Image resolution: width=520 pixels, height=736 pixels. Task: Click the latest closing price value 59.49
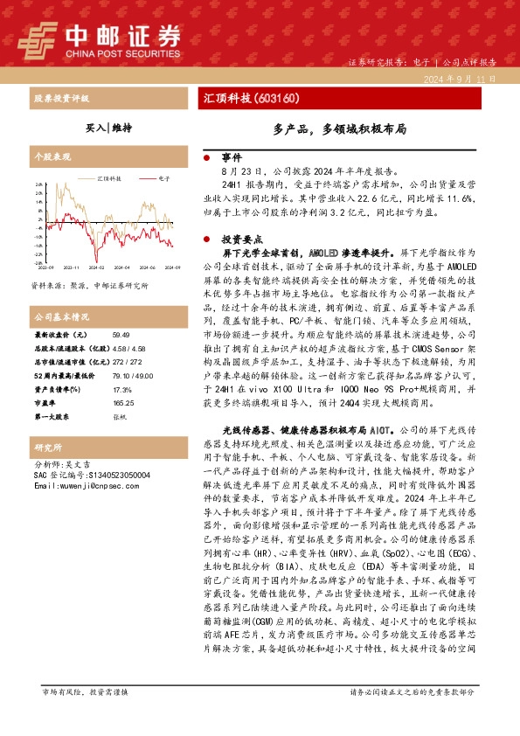(121, 336)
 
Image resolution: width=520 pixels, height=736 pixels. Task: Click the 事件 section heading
(231, 158)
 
